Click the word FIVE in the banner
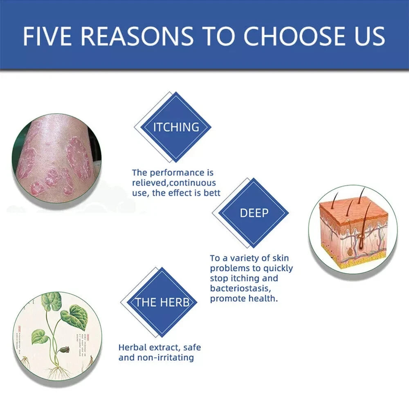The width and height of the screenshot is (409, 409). (47, 36)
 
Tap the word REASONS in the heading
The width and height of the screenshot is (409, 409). (137, 36)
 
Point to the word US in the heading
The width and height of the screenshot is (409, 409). (368, 36)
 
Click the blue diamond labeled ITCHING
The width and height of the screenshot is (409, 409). (176, 127)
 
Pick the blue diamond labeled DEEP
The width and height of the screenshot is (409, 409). (254, 213)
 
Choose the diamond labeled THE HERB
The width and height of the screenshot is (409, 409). (162, 303)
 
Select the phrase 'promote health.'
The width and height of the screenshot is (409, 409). (244, 299)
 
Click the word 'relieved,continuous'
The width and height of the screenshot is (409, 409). (174, 183)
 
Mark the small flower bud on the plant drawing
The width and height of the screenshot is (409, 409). (64, 350)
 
